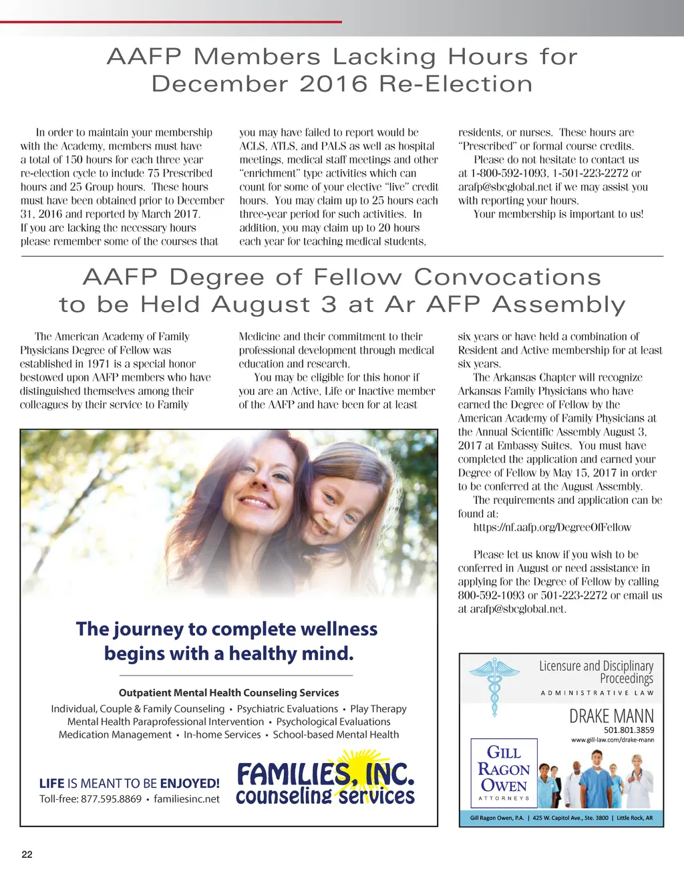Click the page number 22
[27, 855]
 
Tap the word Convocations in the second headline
[507, 277]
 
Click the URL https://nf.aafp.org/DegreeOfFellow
[552, 527]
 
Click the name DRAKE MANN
[611, 716]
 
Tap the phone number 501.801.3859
[629, 730]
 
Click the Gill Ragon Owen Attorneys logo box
[504, 773]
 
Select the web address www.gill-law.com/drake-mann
[613, 740]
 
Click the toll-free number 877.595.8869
[111, 798]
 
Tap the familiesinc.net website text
[186, 798]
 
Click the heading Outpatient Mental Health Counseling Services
[228, 693]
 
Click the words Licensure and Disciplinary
[596, 666]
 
